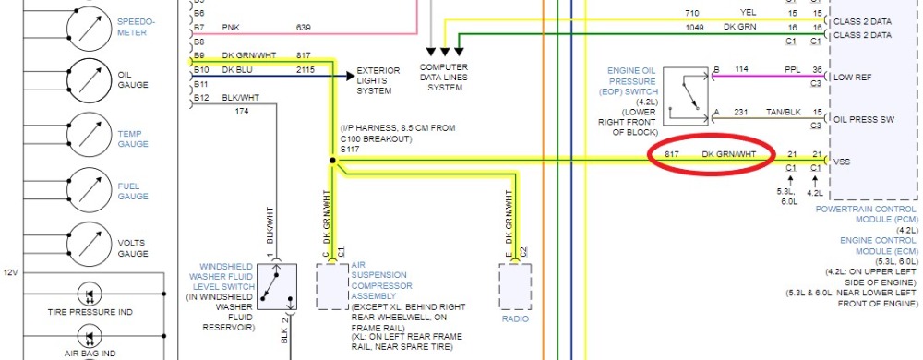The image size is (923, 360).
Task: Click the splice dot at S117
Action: (332, 160)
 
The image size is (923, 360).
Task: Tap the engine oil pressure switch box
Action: (686, 97)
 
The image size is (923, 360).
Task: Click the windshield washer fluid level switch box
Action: (277, 286)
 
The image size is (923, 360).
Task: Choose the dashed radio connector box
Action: (515, 286)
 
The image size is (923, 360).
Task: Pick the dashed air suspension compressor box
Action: (332, 286)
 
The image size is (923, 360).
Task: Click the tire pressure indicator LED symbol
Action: (90, 293)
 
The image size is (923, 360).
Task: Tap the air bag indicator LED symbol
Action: (90, 338)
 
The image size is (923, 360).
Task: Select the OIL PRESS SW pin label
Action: (864, 119)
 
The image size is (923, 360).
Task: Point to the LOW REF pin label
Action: (853, 77)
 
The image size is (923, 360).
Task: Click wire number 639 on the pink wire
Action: (303, 27)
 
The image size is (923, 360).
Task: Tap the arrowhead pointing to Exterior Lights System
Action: (350, 76)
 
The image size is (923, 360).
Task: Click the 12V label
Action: (10, 273)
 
